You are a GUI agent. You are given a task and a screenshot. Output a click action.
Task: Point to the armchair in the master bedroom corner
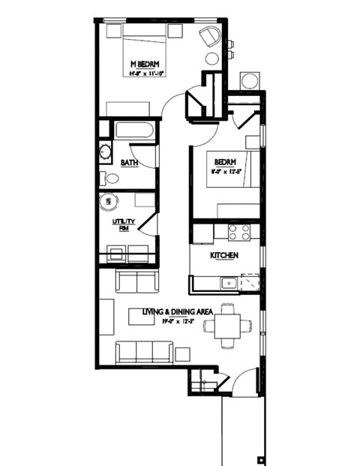(209, 35)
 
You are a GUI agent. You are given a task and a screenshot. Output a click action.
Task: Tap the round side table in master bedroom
(212, 59)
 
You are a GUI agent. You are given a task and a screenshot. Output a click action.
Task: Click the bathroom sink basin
(105, 152)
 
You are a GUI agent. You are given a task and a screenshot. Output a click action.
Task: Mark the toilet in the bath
(111, 179)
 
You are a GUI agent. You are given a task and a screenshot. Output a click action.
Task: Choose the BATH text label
(129, 163)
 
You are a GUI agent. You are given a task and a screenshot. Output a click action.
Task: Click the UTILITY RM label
(121, 225)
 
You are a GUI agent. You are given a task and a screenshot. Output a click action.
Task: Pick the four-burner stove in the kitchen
(239, 233)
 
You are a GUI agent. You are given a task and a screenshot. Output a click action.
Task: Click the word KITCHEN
(224, 256)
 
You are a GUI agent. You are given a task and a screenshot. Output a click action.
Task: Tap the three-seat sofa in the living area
(144, 351)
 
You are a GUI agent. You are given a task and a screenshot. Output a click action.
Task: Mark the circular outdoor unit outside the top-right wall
(249, 81)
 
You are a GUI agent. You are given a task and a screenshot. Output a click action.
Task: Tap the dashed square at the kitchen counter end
(250, 282)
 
